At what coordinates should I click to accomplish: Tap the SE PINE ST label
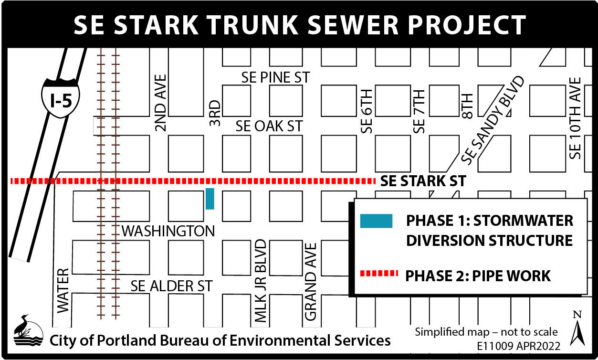(275, 77)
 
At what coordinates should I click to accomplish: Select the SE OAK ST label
(269, 126)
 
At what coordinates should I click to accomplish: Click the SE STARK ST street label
(423, 181)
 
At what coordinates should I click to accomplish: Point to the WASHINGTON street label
(168, 232)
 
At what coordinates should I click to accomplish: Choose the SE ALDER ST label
(171, 286)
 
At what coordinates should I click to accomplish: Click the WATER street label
(63, 291)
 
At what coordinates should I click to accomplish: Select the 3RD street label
(215, 113)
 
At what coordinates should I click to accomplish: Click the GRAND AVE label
(311, 282)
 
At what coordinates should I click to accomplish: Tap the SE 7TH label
(419, 112)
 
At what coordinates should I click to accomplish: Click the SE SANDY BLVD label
(493, 121)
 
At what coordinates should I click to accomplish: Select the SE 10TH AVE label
(576, 118)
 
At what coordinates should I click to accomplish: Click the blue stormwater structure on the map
(210, 199)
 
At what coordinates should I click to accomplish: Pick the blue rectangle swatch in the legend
(376, 221)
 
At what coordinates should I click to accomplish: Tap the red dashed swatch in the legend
(378, 273)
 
